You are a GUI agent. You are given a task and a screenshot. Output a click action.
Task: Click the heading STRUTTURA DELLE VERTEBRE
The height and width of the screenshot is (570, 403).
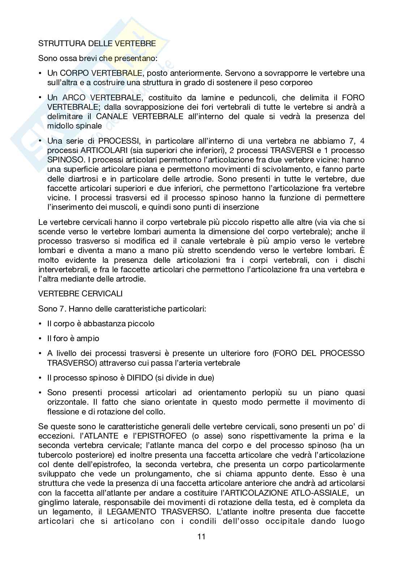[97, 44]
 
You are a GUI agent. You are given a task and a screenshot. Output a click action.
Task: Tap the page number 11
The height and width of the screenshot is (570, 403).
[201, 536]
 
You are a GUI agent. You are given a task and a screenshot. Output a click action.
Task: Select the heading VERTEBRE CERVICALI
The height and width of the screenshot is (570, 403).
[80, 293]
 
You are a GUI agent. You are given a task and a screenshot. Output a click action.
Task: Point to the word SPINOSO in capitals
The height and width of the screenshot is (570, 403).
[61, 160]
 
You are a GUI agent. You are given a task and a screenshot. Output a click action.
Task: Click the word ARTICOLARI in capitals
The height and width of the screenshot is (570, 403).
[100, 150]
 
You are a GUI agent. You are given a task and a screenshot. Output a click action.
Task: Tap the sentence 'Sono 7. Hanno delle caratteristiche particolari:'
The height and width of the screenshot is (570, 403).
[122, 309]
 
